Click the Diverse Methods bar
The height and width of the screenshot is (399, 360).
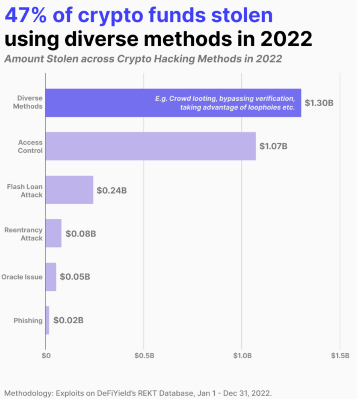click(x=100, y=103)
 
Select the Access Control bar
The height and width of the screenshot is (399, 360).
click(x=151, y=146)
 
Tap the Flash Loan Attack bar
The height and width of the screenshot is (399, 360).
click(x=69, y=190)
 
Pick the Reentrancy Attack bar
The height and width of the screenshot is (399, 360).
click(x=53, y=233)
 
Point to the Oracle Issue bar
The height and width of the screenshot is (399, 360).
click(x=51, y=277)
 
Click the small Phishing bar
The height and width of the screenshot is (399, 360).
click(x=47, y=320)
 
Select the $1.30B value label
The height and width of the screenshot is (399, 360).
click(x=319, y=103)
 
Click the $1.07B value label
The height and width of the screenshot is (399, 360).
click(x=273, y=146)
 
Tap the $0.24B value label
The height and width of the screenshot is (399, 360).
click(x=112, y=190)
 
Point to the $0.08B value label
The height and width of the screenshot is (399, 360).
click(x=81, y=233)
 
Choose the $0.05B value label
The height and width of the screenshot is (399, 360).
click(x=75, y=277)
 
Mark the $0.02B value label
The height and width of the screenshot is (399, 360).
click(x=68, y=320)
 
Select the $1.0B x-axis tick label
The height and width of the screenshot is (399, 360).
click(x=242, y=355)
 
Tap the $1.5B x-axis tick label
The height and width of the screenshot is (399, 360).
click(x=340, y=355)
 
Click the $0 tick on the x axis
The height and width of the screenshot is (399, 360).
click(x=46, y=355)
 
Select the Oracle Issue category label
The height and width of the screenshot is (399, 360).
click(x=22, y=277)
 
